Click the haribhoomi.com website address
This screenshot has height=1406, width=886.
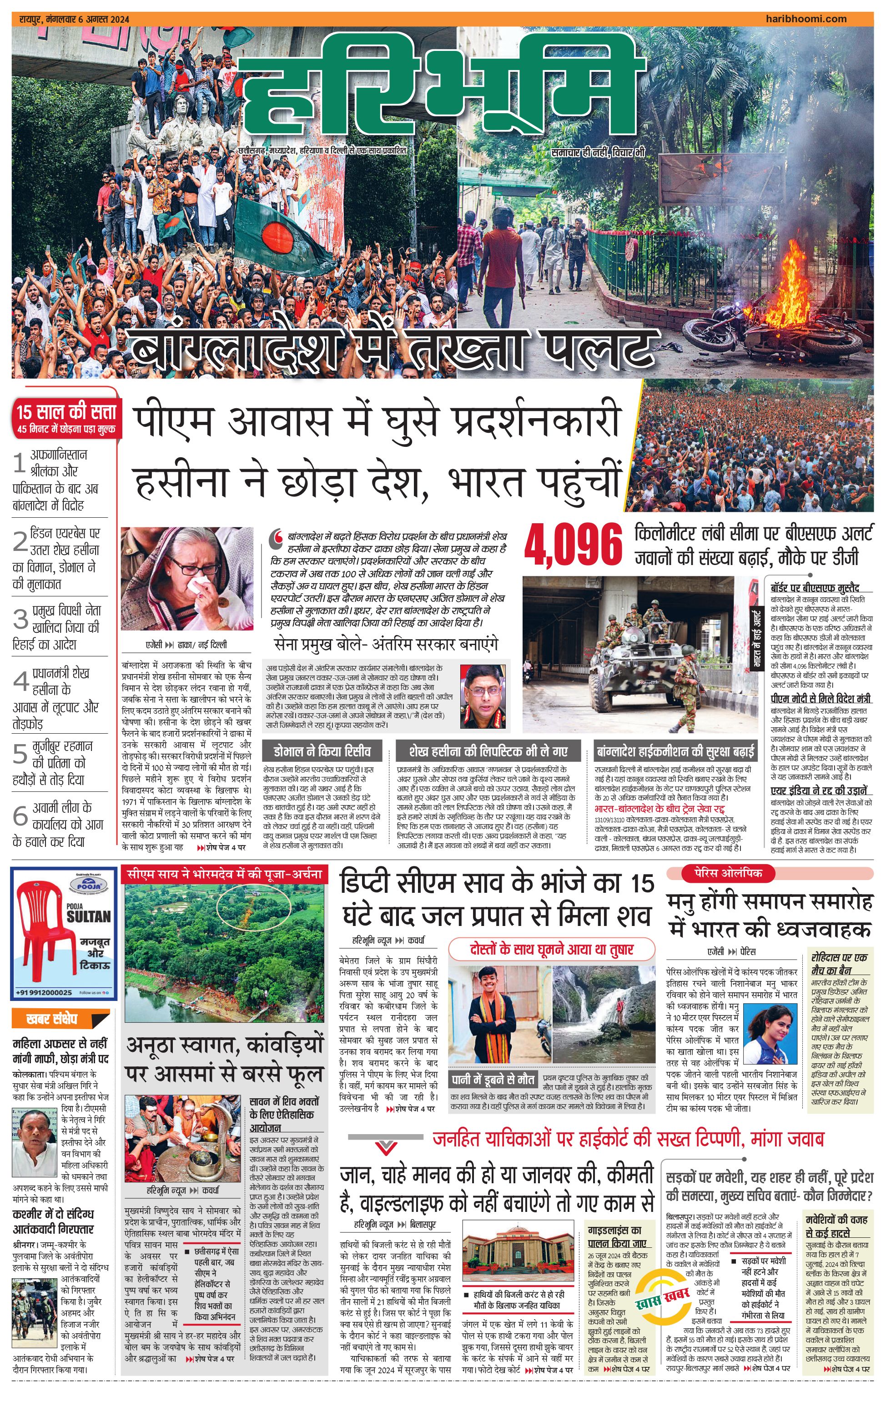point(805,19)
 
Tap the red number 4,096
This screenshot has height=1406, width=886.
point(573,545)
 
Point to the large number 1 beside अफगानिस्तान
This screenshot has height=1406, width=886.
point(19,464)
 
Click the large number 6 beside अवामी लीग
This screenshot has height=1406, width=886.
point(20,815)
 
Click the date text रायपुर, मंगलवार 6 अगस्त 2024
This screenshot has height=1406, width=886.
point(75,19)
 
